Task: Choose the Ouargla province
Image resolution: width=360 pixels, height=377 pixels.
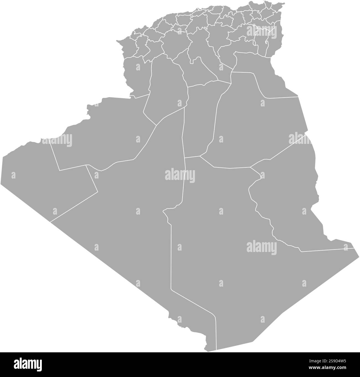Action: pyautogui.click(x=258, y=125)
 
